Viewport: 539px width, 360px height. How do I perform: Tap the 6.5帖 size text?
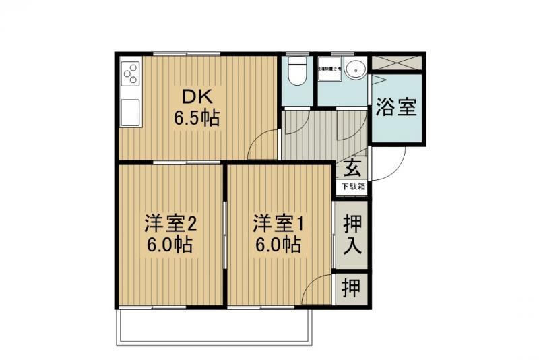click(197, 119)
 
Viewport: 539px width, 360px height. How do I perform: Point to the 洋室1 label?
click(278, 222)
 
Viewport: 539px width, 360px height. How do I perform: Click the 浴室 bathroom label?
click(397, 107)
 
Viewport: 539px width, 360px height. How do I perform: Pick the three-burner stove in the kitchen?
click(130, 73)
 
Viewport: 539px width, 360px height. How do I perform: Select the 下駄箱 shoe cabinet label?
click(352, 186)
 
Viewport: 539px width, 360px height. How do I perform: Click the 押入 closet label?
click(352, 234)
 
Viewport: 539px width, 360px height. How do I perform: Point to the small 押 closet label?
click(351, 289)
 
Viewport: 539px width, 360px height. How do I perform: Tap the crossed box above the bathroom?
click(397, 63)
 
